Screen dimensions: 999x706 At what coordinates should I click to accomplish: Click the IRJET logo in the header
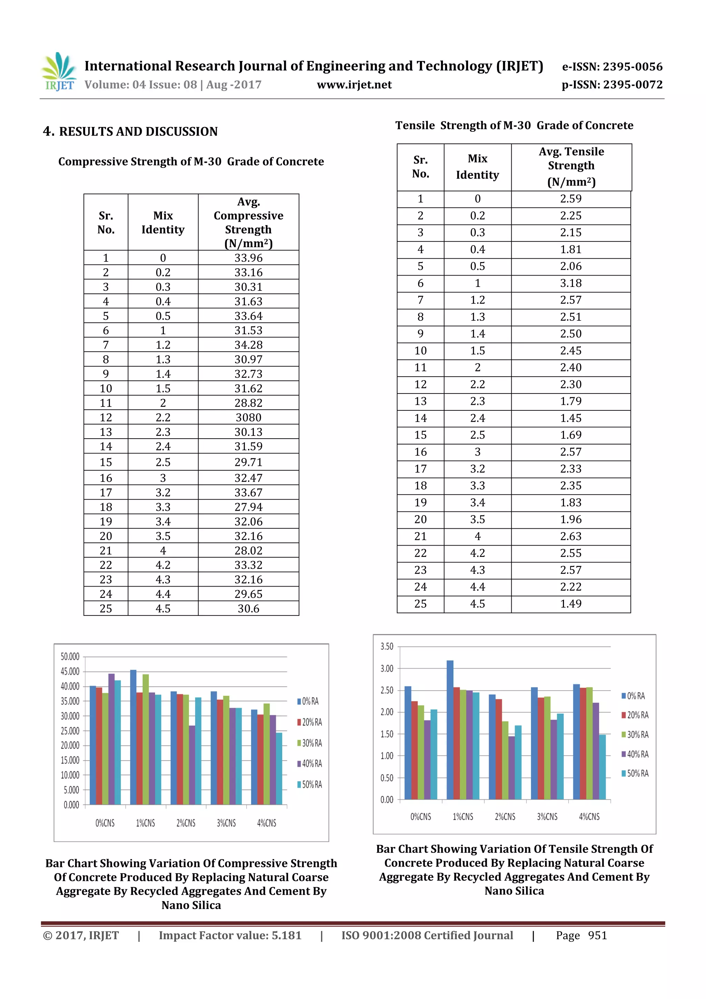58,72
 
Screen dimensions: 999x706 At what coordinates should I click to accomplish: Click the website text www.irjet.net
354,85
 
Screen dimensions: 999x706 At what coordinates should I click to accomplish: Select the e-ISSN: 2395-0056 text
612,67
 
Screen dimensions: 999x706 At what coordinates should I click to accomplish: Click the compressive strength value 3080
249,417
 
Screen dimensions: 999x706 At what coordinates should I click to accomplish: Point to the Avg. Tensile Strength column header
571,167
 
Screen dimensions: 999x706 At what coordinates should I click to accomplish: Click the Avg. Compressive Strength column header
249,222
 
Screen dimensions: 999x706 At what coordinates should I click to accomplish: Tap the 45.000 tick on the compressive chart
70,671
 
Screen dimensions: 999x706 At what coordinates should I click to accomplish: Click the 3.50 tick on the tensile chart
386,647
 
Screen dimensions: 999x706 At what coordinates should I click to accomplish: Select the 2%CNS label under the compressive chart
186,823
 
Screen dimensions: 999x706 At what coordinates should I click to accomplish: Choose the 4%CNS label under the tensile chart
589,817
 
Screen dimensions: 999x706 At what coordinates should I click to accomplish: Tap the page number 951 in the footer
597,936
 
